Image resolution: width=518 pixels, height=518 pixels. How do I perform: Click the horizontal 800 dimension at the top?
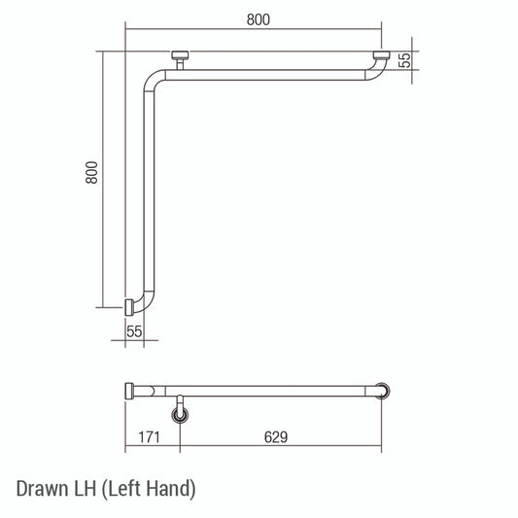point(257,19)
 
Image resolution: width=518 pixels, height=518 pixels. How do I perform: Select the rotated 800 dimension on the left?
point(91,173)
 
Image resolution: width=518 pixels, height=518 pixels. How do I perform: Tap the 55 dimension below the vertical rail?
point(134,331)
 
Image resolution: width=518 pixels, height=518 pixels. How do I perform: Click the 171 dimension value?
point(149,438)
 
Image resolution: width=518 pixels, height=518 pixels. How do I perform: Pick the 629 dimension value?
point(276,438)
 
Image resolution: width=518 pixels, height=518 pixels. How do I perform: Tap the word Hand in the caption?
point(172,487)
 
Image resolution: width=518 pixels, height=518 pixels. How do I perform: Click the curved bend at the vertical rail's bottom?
point(146,304)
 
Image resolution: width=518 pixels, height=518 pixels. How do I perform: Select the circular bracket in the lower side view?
point(181,416)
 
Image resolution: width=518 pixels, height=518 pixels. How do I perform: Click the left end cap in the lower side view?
point(131,392)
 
